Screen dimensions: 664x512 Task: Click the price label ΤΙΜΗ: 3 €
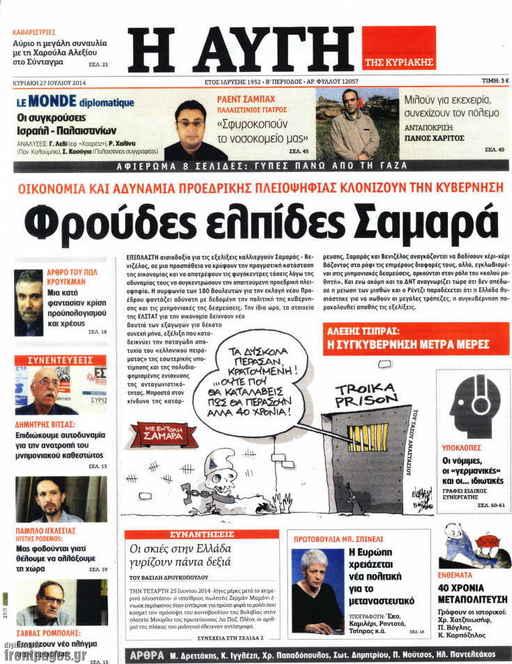pos(495,81)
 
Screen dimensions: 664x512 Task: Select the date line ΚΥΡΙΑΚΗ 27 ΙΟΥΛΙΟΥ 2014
pos(51,81)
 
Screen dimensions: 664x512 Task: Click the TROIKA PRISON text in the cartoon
pos(366,395)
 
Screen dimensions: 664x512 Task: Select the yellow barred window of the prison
pos(368,437)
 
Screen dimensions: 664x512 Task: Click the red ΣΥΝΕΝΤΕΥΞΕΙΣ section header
pos(61,360)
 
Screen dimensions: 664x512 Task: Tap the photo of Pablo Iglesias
pos(61,499)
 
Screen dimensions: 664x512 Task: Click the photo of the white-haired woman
pos(317,581)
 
